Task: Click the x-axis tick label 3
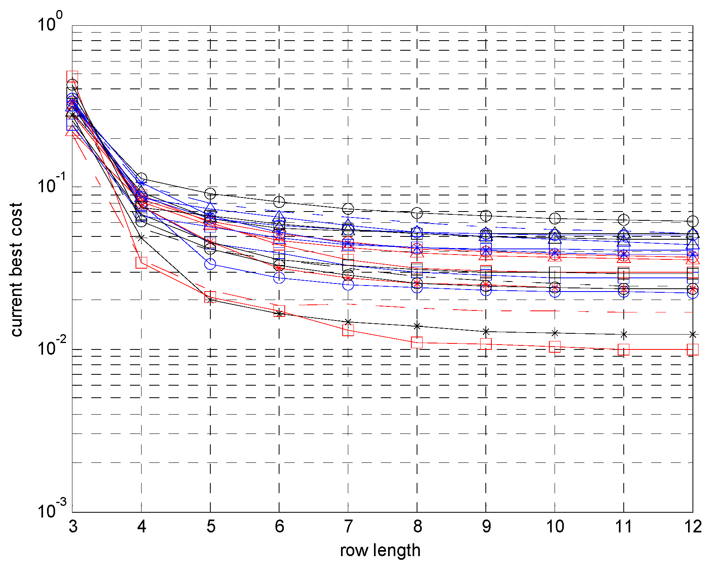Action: pos(73,526)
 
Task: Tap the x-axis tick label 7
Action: pos(348,526)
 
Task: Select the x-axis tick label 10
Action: pos(555,526)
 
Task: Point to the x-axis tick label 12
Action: pos(693,526)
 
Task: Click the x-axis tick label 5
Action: pos(211,526)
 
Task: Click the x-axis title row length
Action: pos(380,550)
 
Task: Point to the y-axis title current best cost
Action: pos(16,269)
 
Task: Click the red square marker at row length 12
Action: pos(693,349)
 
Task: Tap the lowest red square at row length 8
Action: pos(417,343)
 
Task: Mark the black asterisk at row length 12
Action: pos(693,334)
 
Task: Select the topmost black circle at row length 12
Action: pos(693,221)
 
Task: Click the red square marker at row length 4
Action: pos(142,263)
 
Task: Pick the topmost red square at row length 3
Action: pos(72,76)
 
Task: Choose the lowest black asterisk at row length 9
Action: pos(486,332)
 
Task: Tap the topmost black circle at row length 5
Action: pos(210,194)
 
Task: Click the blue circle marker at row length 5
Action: pos(210,264)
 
